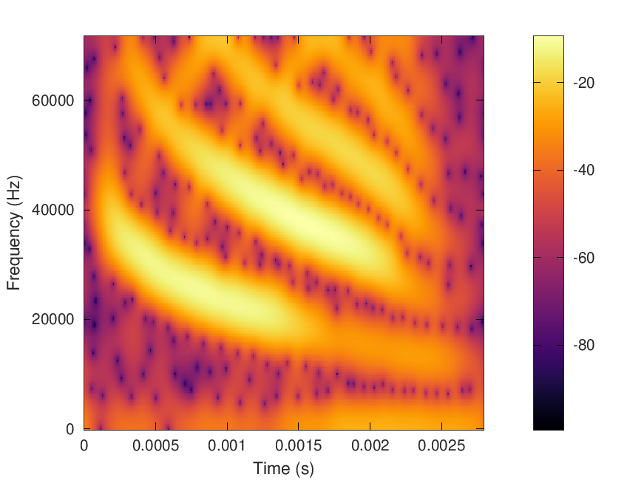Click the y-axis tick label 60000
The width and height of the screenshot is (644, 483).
(51, 100)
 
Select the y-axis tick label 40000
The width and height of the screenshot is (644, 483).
(51, 210)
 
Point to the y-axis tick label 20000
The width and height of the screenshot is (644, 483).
(51, 319)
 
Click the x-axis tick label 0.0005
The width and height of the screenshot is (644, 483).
(155, 447)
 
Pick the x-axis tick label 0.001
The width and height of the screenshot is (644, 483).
(227, 447)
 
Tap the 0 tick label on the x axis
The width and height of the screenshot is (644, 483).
(84, 447)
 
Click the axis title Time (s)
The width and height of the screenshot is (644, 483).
(283, 468)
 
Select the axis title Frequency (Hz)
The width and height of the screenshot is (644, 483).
(14, 233)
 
